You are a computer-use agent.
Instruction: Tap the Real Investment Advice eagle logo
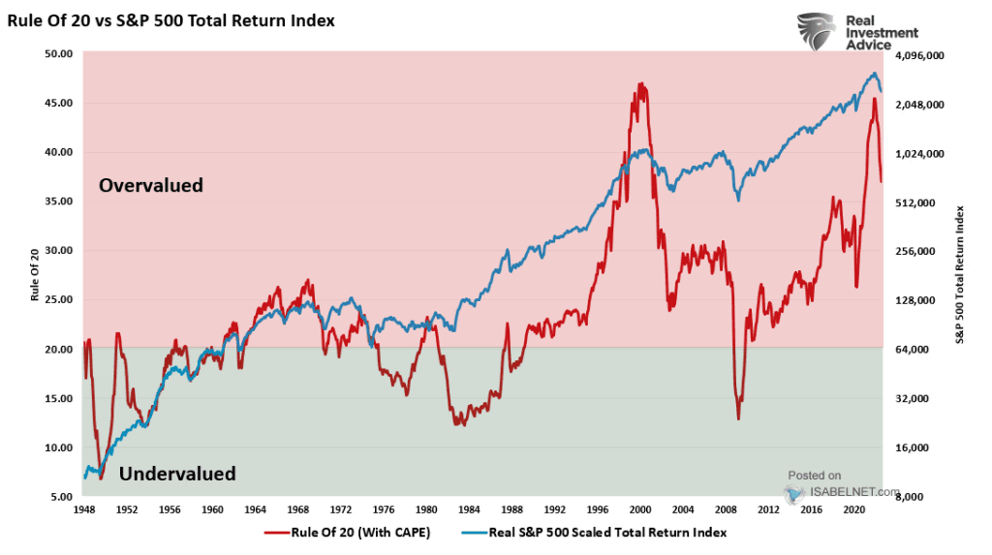pyautogui.click(x=816, y=31)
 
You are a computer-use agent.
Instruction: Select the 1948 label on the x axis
pyautogui.click(x=84, y=509)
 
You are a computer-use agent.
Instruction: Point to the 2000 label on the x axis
pyautogui.click(x=640, y=509)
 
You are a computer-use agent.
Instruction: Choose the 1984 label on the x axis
pyautogui.click(x=469, y=509)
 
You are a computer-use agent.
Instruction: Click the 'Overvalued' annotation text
pyautogui.click(x=151, y=185)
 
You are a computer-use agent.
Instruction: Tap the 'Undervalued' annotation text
pyautogui.click(x=177, y=474)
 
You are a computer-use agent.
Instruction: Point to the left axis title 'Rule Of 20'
pyautogui.click(x=35, y=276)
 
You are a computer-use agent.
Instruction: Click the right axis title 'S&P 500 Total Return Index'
pyautogui.click(x=961, y=275)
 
